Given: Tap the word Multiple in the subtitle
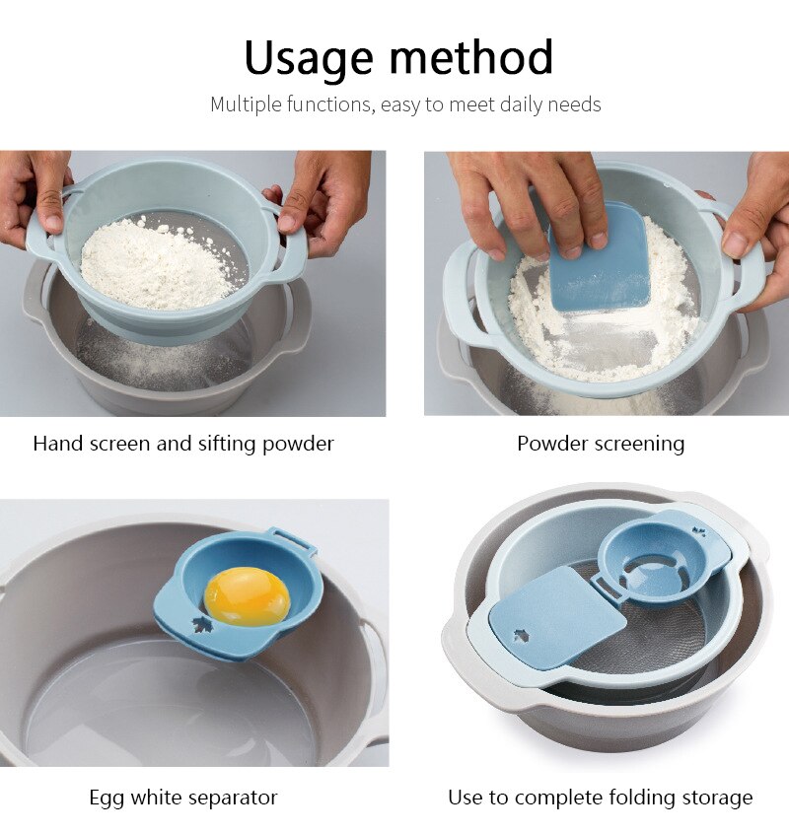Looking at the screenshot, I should click(x=247, y=104).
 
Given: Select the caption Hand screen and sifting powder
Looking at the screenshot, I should click(x=183, y=444).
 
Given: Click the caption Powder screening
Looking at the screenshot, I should click(x=601, y=444).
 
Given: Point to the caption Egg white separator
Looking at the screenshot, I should click(x=183, y=798).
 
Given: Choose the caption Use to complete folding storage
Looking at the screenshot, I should click(x=601, y=798).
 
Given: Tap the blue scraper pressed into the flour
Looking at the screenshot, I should click(x=600, y=259).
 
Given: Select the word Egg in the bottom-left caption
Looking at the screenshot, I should click(x=108, y=798).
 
